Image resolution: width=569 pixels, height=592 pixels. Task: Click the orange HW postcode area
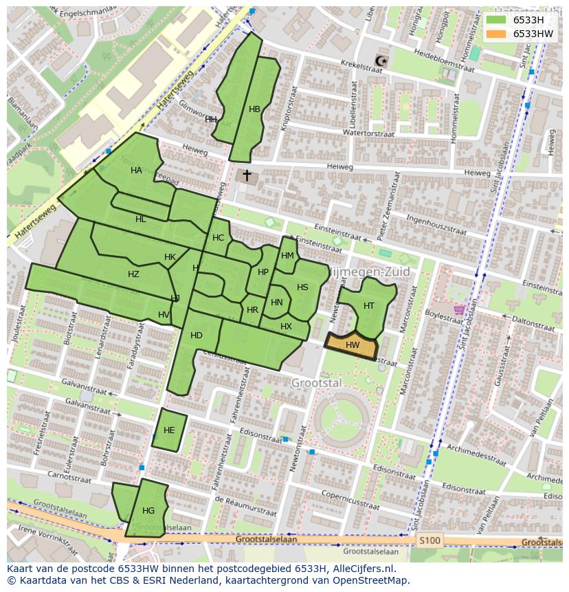click(x=352, y=346)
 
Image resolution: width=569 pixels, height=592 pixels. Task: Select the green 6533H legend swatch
click(x=495, y=20)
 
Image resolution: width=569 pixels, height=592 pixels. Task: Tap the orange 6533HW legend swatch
click(x=495, y=34)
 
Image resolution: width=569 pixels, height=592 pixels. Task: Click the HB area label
click(x=254, y=109)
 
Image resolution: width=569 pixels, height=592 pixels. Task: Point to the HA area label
click(x=136, y=171)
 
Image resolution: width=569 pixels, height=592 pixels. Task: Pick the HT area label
click(x=369, y=306)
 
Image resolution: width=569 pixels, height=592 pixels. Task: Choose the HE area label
click(x=169, y=431)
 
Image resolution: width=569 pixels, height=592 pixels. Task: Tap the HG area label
click(x=148, y=511)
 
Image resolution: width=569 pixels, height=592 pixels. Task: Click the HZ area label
click(x=133, y=274)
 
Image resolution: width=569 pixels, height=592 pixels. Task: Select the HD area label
click(x=197, y=336)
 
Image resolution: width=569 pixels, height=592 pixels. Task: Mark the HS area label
click(x=302, y=287)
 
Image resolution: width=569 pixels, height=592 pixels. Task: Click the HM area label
click(x=287, y=256)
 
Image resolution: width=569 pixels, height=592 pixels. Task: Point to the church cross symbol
click(x=247, y=176)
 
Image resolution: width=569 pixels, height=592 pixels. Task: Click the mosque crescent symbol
click(x=381, y=62)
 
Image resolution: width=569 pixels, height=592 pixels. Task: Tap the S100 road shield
click(x=430, y=540)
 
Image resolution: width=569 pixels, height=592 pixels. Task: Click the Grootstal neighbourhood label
click(x=316, y=383)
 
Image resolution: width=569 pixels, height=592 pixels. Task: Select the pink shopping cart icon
click(x=459, y=309)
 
